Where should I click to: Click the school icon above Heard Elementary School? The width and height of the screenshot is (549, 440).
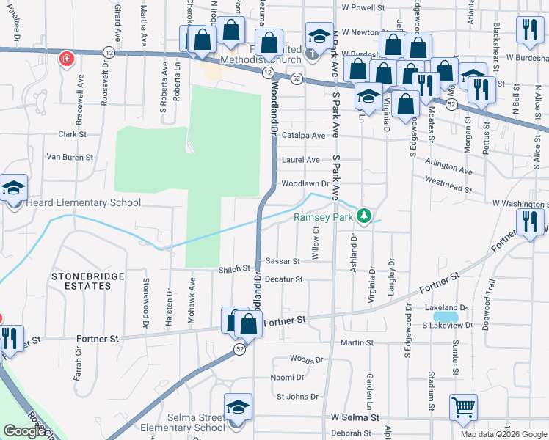click(13, 188)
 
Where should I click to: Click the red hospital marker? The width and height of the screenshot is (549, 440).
click(67, 58)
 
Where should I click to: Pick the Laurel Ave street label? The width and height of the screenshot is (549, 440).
click(302, 160)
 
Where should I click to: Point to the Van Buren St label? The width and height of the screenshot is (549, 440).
click(70, 157)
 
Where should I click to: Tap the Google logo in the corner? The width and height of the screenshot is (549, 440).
click(26, 431)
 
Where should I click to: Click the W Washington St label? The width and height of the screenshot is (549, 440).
click(520, 203)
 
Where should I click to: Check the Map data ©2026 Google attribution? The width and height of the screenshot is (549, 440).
click(503, 434)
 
